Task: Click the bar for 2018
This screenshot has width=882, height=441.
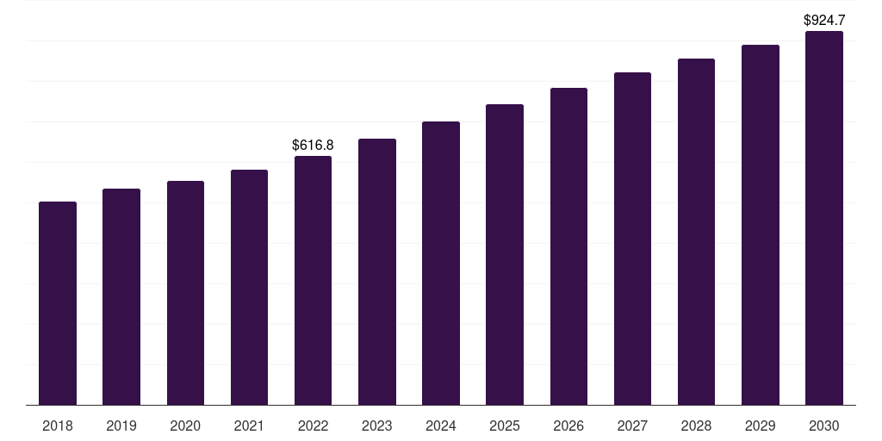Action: (58, 303)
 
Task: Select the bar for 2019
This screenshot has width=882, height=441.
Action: (121, 296)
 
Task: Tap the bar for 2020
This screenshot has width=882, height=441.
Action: (185, 293)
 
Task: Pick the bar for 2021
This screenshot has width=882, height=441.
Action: (249, 287)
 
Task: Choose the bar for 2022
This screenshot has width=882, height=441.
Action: (313, 280)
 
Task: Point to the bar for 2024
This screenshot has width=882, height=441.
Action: (441, 263)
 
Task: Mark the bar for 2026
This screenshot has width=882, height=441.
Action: (568, 246)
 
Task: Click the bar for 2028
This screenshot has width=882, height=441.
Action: (696, 232)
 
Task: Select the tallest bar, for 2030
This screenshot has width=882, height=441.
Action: (823, 218)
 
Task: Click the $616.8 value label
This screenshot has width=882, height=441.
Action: (313, 145)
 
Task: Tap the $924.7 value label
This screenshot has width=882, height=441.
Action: (823, 19)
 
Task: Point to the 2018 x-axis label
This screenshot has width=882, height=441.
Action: (58, 425)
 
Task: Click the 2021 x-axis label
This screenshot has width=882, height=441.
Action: (249, 425)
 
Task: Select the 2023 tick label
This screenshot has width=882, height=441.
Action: (376, 425)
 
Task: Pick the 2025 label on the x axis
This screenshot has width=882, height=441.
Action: (505, 425)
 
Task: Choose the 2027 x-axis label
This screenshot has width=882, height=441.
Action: (632, 425)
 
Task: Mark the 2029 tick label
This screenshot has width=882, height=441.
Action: (760, 425)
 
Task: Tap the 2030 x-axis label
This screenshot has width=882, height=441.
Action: (823, 425)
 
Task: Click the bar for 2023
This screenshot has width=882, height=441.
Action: (376, 271)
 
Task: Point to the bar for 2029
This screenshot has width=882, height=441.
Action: (760, 225)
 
